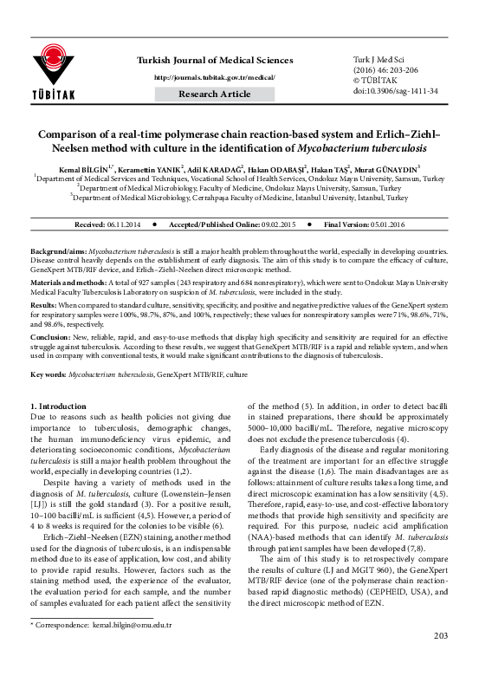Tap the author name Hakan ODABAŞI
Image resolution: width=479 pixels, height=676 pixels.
(x=279, y=167)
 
